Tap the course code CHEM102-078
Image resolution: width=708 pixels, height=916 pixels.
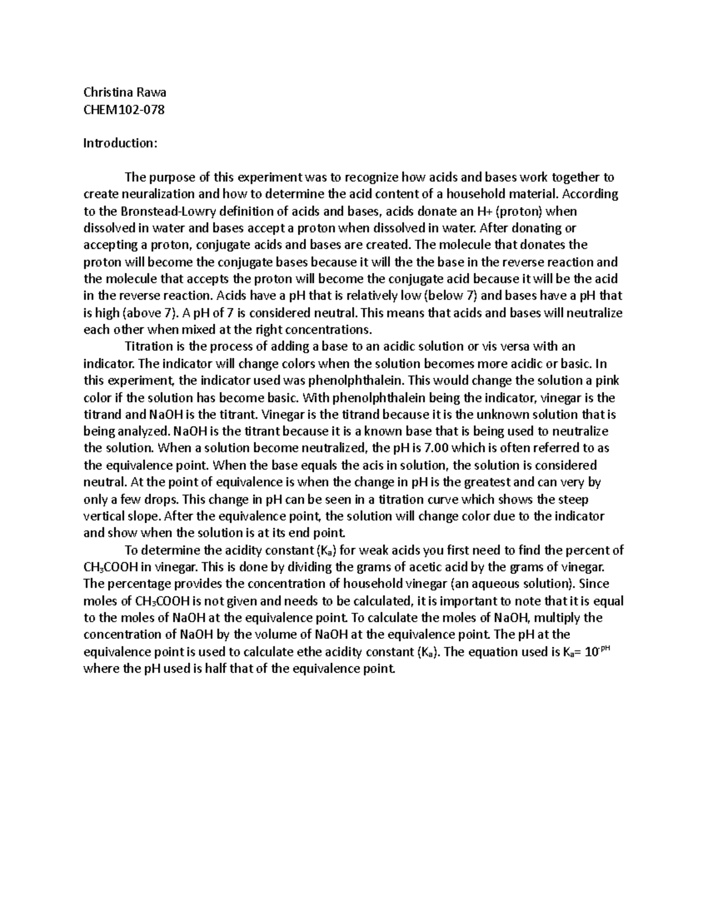(124, 109)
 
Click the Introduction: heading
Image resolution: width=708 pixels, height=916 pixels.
(120, 143)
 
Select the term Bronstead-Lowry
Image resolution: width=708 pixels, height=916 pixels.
(152, 211)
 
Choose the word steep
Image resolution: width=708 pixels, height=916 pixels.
(573, 500)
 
